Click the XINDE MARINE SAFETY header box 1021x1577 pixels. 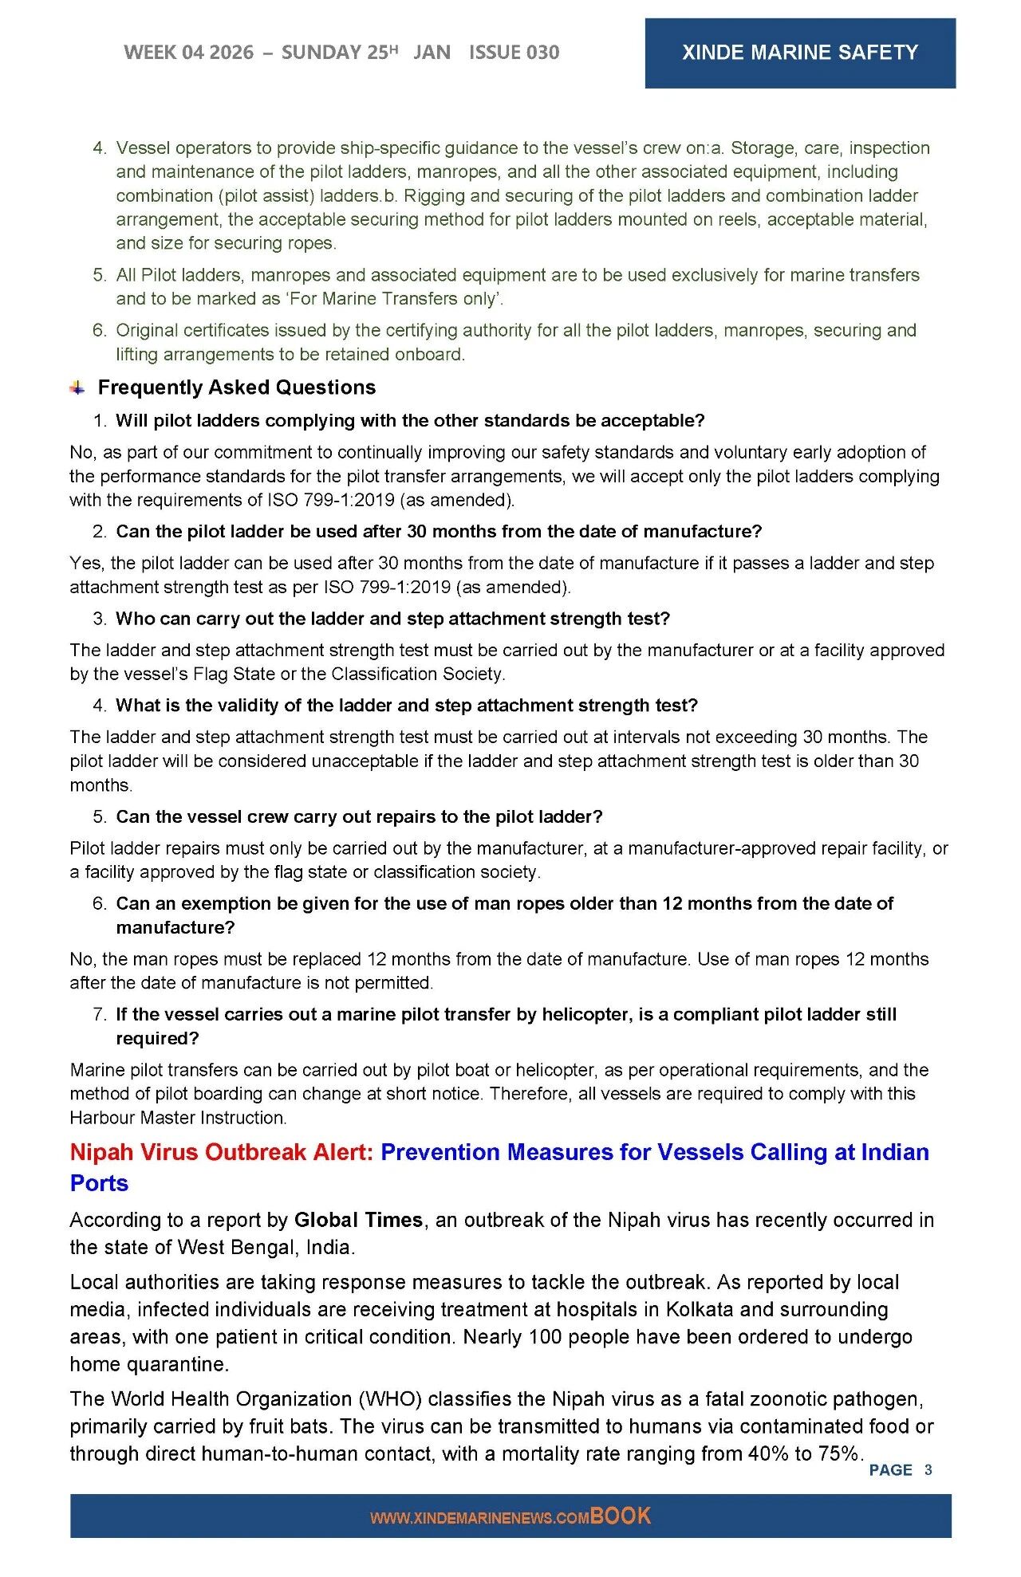pyautogui.click(x=799, y=53)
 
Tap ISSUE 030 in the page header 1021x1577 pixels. pyautogui.click(x=514, y=53)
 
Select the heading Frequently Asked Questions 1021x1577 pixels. pyautogui.click(x=236, y=387)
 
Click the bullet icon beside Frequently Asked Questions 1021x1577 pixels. pyautogui.click(x=77, y=388)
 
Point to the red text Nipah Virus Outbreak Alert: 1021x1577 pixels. pyautogui.click(x=222, y=1152)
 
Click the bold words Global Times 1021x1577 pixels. pyautogui.click(x=358, y=1220)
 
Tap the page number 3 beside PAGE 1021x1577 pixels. pyautogui.click(x=928, y=1469)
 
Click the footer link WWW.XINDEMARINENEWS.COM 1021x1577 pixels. pyautogui.click(x=479, y=1518)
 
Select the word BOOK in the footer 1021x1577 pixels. pyautogui.click(x=621, y=1516)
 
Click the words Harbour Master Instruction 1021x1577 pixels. pyautogui.click(x=177, y=1118)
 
